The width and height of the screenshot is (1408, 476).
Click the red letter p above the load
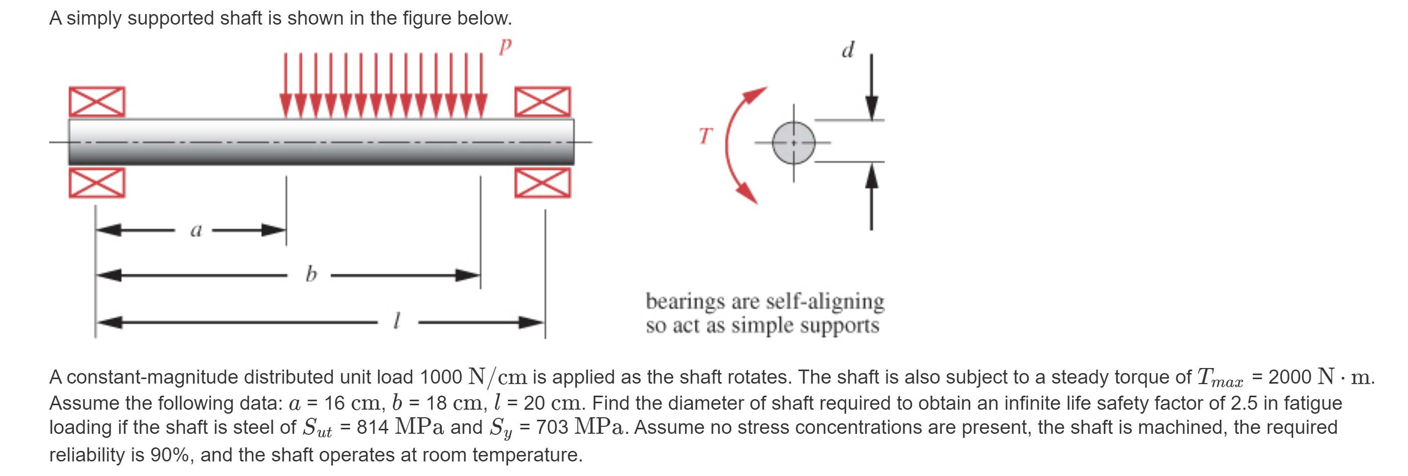[x=505, y=47]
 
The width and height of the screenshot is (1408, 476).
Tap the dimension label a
[x=196, y=230]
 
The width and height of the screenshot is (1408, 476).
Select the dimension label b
[x=311, y=273]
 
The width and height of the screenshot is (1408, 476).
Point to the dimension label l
[x=398, y=320]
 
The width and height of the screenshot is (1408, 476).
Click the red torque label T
[x=706, y=136]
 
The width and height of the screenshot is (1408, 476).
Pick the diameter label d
[x=848, y=50]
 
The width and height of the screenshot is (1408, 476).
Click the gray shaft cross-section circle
[x=794, y=143]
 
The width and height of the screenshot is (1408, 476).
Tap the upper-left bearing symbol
[x=97, y=101]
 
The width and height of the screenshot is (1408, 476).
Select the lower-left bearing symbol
[x=97, y=183]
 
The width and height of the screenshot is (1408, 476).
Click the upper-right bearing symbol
[x=542, y=101]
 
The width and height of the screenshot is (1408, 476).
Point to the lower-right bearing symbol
[x=542, y=183]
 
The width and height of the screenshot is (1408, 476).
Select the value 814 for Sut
[x=372, y=427]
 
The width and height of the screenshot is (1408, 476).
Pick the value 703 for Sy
[x=552, y=427]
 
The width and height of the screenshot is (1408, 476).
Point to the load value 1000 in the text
[x=441, y=377]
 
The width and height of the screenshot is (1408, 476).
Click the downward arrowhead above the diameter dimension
[x=871, y=108]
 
